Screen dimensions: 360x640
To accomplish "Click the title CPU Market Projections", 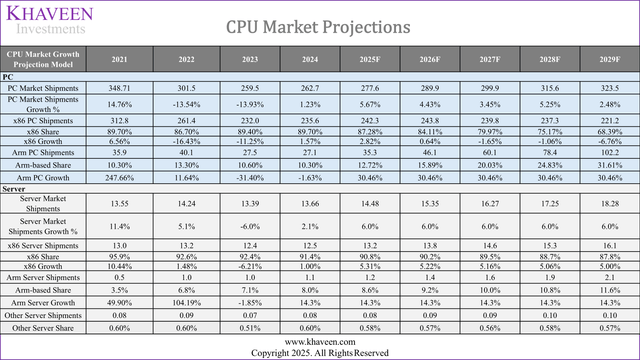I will (317, 25).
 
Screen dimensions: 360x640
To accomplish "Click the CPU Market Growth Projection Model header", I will (43, 59).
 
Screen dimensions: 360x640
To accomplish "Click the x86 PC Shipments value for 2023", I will (259, 122).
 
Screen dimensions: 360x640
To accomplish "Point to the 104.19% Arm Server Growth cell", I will (190, 299).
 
